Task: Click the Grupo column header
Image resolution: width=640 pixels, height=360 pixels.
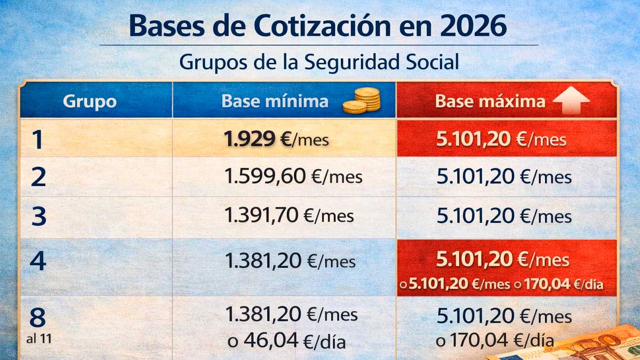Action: [x=90, y=101]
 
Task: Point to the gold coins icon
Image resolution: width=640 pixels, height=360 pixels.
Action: [x=362, y=100]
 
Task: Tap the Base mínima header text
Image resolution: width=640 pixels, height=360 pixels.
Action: [x=275, y=101]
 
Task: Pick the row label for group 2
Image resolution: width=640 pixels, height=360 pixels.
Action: [x=38, y=177]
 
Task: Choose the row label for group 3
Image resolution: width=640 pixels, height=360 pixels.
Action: [x=38, y=217]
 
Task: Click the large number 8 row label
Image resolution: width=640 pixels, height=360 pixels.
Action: [x=37, y=317]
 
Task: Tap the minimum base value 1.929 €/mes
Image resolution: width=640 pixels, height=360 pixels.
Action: [x=276, y=139]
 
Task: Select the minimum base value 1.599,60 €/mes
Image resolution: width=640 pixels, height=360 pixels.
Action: [x=293, y=177]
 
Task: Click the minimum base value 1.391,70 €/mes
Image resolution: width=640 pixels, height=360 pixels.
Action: [x=289, y=215]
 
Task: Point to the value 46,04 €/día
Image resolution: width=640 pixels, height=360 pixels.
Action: [x=287, y=341]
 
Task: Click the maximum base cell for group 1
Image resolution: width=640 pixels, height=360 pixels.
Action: [x=506, y=139]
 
